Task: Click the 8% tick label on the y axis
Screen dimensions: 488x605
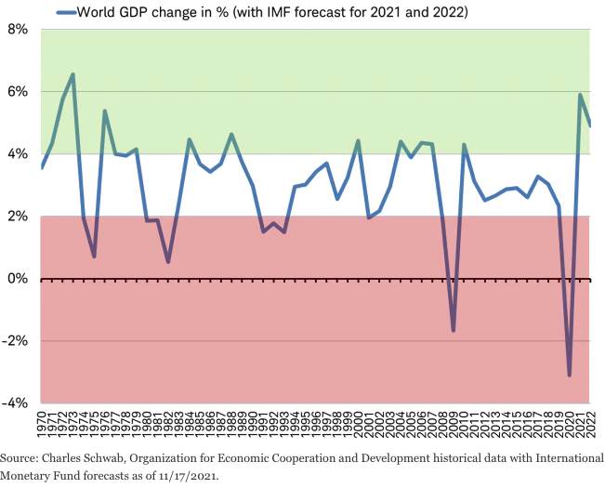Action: (x=17, y=30)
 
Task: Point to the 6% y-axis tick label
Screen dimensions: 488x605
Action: (x=17, y=92)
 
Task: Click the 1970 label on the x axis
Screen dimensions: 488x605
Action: (x=42, y=427)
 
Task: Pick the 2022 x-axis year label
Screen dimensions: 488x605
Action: (x=590, y=427)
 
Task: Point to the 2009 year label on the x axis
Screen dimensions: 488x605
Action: (x=454, y=427)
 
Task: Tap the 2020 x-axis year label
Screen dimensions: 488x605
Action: (x=569, y=427)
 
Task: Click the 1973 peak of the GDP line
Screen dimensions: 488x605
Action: (x=73, y=74)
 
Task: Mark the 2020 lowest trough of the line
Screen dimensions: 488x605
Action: (x=569, y=376)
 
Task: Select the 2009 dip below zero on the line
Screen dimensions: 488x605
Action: (x=454, y=331)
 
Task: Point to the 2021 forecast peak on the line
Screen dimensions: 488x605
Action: (x=580, y=95)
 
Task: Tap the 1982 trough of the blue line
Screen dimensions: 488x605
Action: (x=168, y=262)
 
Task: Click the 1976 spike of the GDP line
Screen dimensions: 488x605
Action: (x=105, y=111)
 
